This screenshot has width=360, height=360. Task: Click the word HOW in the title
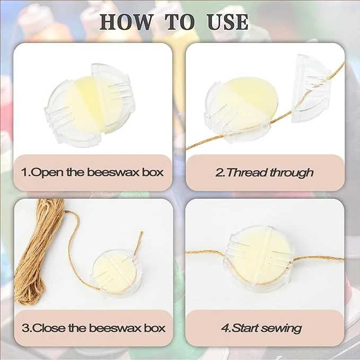coord(127,22)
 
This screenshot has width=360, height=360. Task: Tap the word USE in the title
coord(227,22)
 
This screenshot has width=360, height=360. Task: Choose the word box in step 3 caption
coord(155,328)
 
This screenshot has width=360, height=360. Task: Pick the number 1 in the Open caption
coord(24,172)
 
